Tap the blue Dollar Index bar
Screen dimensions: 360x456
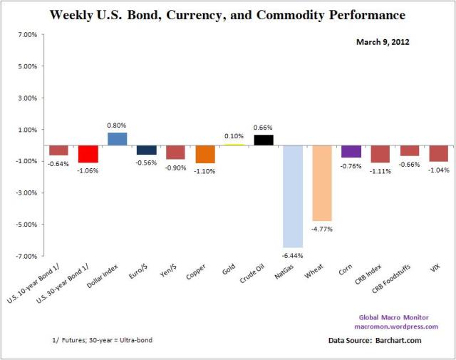[x=117, y=139]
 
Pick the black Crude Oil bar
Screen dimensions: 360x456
[x=264, y=140]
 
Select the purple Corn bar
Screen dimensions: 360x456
[x=351, y=151]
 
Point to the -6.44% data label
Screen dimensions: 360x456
[x=293, y=254]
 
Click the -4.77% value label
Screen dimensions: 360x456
[x=322, y=229]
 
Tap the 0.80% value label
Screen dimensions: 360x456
[x=117, y=125]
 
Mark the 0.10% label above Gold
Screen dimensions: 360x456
[x=234, y=136]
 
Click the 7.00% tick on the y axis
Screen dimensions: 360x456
[x=26, y=34]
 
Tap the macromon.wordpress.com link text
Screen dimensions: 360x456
[x=395, y=327]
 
